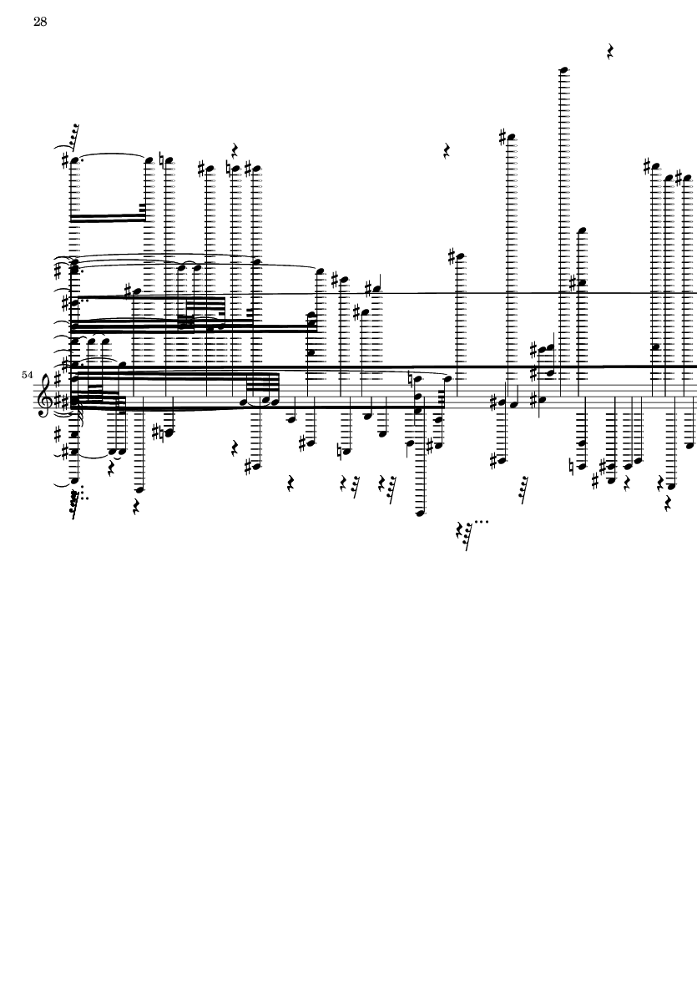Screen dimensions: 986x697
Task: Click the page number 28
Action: pos(39,23)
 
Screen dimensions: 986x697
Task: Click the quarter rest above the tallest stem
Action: pos(610,53)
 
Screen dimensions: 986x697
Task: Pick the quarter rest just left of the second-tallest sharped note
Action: pos(447,152)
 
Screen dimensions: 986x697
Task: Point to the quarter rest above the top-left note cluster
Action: pos(236,151)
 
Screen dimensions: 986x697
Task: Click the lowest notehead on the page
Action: pos(420,513)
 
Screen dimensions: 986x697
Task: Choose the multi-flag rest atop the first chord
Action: pos(74,134)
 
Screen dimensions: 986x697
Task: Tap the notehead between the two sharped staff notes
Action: pos(514,404)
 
